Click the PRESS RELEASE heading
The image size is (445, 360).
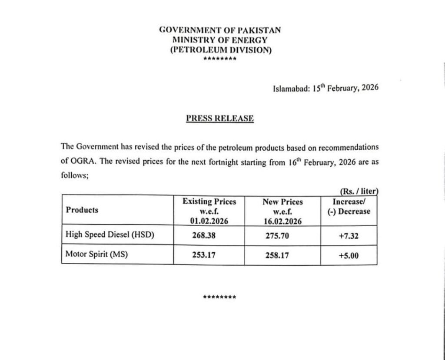click(x=220, y=118)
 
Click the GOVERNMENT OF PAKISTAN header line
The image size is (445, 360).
click(x=220, y=30)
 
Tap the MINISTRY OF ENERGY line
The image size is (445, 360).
click(x=220, y=40)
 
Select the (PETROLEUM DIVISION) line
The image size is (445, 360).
click(x=220, y=50)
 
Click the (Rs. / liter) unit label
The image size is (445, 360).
click(x=359, y=190)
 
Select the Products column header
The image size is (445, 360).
click(x=82, y=210)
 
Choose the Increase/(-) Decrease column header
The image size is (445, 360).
click(x=349, y=207)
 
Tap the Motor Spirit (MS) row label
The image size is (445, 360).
click(x=96, y=254)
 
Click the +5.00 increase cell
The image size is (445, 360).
click(x=349, y=255)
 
